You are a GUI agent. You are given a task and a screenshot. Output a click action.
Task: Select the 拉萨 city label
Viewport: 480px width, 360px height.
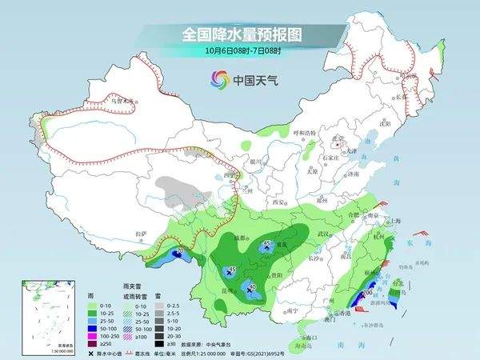point(142,234)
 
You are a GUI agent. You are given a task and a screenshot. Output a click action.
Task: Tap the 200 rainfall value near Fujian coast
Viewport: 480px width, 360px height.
point(367,294)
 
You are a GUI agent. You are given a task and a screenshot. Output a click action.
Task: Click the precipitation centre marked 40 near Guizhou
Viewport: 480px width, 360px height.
point(253,287)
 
